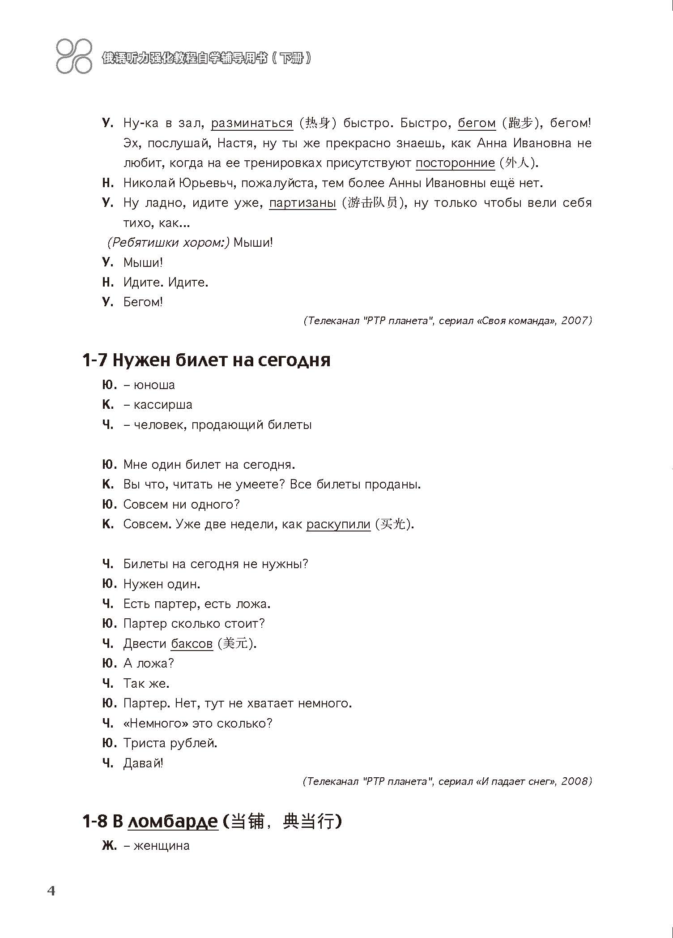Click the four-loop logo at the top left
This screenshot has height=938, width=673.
tap(74, 57)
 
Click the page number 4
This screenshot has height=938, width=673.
tap(51, 891)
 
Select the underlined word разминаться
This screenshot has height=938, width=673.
tap(251, 123)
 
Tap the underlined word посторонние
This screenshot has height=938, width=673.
tap(455, 163)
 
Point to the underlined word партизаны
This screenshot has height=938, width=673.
tap(302, 203)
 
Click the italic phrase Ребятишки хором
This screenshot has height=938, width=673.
tap(168, 243)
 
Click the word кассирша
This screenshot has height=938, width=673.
tap(163, 405)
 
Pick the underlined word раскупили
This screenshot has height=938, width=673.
tap(338, 524)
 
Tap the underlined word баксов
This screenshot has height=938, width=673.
tap(192, 644)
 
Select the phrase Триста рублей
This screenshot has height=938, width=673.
tap(170, 743)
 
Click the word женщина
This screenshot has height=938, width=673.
tap(162, 846)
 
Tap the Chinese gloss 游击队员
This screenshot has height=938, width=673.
tap(372, 203)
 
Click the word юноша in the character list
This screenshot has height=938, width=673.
tap(154, 385)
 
